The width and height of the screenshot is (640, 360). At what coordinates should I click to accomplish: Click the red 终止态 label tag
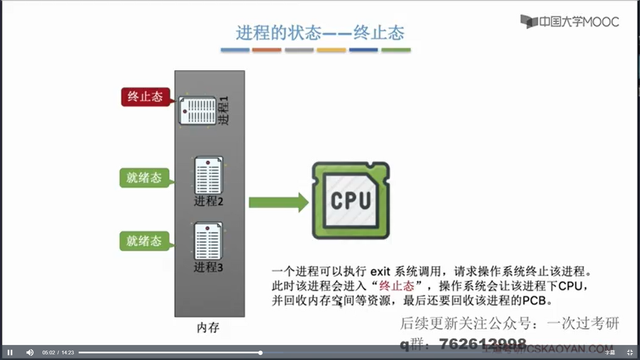click(145, 97)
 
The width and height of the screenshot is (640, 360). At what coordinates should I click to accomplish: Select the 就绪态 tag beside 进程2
click(144, 178)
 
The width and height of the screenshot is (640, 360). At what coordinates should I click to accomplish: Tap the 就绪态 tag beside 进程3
click(144, 241)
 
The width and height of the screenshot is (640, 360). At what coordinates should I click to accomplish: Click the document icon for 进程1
click(198, 111)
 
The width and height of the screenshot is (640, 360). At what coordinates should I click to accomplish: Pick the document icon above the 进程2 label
click(208, 175)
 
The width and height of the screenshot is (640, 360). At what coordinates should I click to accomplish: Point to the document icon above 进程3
click(208, 241)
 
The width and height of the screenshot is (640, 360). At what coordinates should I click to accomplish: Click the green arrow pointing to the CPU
click(278, 202)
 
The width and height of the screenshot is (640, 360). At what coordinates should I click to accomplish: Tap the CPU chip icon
click(351, 200)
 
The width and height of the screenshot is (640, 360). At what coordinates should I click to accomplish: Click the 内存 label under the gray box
click(208, 328)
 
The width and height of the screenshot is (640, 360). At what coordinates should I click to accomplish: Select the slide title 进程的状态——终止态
click(320, 33)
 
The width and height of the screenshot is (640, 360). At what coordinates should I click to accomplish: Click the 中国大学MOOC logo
click(570, 22)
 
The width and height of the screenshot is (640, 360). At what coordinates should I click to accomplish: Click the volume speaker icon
click(30, 352)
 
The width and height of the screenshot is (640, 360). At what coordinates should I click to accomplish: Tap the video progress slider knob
click(260, 352)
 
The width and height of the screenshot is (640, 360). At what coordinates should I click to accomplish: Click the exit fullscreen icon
click(630, 352)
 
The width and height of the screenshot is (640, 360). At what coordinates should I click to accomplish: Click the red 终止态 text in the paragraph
click(397, 286)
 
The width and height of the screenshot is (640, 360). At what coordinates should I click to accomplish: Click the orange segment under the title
click(267, 50)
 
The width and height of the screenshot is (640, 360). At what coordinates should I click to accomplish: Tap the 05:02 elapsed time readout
click(49, 353)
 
